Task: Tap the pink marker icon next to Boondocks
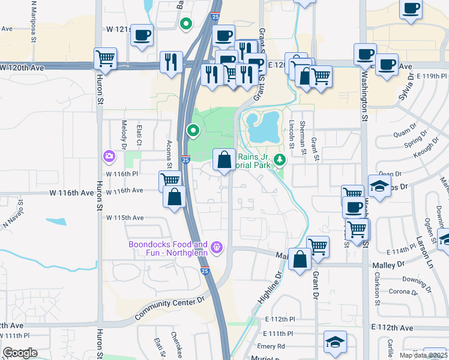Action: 217,247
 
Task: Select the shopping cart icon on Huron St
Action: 105,58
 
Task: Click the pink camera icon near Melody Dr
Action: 109,157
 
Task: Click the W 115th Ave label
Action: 124,217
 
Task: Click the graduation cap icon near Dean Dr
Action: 379,186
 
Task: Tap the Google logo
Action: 20,353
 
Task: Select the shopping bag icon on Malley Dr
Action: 299,259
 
